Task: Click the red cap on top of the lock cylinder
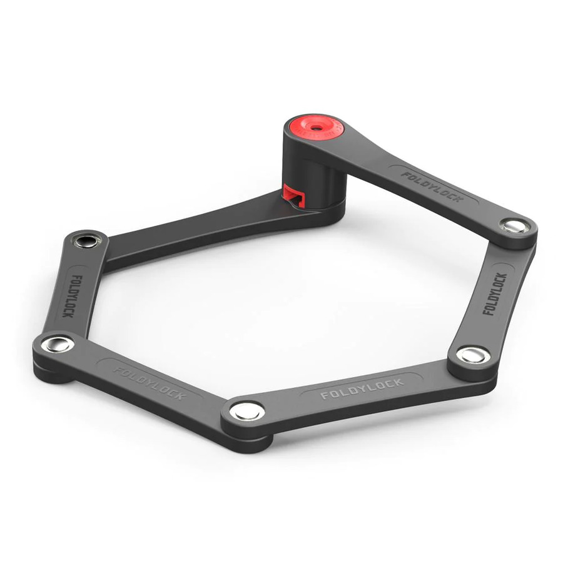point(315,128)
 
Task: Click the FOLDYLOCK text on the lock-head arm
point(432,187)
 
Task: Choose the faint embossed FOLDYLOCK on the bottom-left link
point(150,381)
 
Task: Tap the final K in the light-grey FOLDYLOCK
point(399,382)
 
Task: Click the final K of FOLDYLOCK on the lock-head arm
point(459,198)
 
